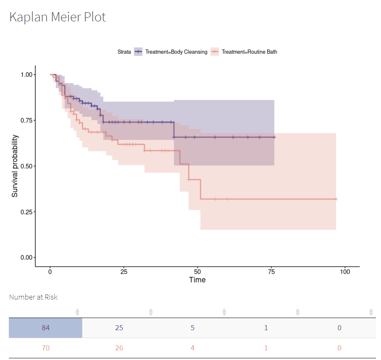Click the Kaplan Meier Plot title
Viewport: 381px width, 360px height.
point(57,17)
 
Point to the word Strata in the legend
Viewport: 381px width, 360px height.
point(124,52)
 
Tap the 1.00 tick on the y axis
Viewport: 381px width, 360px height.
point(26,75)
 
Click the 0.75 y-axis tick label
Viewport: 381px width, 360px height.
point(26,120)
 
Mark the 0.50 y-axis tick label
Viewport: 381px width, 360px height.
point(26,166)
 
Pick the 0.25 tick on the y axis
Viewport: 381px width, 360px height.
point(26,212)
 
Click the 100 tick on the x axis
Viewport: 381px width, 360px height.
point(345,271)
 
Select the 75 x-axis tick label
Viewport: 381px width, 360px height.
point(271,271)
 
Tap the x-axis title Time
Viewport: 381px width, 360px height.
point(197,280)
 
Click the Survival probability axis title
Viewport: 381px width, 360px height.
point(15,166)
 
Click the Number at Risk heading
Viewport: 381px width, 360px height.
point(33,297)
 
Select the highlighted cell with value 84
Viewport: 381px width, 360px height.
point(45,328)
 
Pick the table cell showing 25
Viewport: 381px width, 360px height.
point(119,328)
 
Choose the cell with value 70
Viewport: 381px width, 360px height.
point(45,348)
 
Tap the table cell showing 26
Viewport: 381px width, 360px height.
point(119,348)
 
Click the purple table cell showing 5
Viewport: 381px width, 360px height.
point(193,328)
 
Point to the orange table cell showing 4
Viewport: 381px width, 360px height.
point(193,348)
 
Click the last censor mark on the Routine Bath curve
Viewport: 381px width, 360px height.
point(336,199)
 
